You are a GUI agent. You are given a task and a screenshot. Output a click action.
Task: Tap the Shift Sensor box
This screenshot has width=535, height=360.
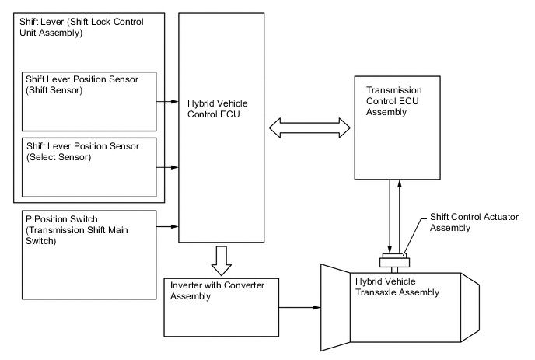89,101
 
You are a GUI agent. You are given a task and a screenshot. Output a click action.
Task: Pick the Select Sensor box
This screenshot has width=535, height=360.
89,166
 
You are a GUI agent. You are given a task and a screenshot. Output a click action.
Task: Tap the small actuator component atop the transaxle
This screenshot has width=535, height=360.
395,261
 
